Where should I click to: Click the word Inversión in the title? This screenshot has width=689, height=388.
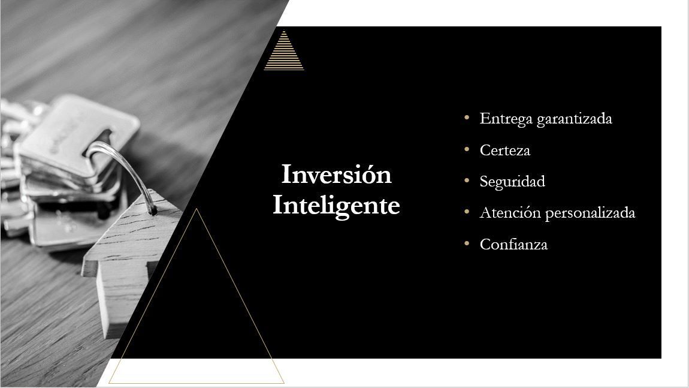336,174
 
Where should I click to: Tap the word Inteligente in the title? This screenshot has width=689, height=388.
336,206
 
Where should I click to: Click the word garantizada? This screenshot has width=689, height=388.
575,119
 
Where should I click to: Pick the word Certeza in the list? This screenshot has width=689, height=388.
505,151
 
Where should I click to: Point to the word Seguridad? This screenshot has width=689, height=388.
512,182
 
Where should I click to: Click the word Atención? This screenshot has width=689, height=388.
510,212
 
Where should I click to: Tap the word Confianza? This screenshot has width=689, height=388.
513,245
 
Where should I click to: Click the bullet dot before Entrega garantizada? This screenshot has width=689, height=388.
467,118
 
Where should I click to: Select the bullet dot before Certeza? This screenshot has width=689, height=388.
467,149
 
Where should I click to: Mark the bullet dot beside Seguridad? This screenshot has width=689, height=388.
467,181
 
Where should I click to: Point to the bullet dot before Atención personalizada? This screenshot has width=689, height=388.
467,212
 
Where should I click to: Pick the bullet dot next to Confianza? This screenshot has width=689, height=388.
467,243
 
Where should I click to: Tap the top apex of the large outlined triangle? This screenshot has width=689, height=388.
197,209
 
